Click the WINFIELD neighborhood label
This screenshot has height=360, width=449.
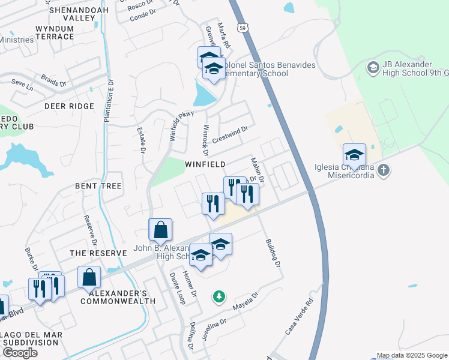click(x=205, y=164)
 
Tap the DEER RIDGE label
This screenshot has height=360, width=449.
click(x=69, y=106)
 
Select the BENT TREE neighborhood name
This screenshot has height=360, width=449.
click(x=98, y=186)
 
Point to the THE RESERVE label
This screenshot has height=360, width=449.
click(x=98, y=253)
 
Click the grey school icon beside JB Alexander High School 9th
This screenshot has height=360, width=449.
click(x=372, y=67)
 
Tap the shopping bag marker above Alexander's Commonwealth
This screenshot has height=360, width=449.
click(x=89, y=278)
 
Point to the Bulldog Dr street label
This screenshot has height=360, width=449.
click(x=273, y=253)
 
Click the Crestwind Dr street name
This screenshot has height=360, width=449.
click(x=230, y=133)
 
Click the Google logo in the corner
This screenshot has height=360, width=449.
click(x=20, y=352)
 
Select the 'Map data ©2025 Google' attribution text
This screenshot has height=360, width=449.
click(x=412, y=355)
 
